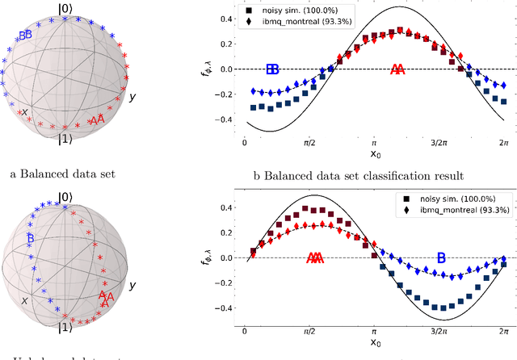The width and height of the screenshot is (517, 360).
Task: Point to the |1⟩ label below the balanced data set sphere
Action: click(65, 138)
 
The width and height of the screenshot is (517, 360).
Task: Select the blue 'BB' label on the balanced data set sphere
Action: click(26, 35)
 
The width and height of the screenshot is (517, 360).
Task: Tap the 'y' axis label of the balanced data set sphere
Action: click(132, 97)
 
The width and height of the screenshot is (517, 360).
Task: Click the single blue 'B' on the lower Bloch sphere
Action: click(30, 238)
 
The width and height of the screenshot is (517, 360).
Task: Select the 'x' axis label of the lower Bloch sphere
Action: click(25, 299)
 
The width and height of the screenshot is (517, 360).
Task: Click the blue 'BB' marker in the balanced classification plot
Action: click(273, 69)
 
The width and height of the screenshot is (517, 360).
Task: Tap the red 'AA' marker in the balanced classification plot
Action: click(397, 69)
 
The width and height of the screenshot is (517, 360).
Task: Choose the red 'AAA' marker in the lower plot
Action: click(315, 258)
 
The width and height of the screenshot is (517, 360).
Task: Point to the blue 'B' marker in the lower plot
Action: click(441, 258)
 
